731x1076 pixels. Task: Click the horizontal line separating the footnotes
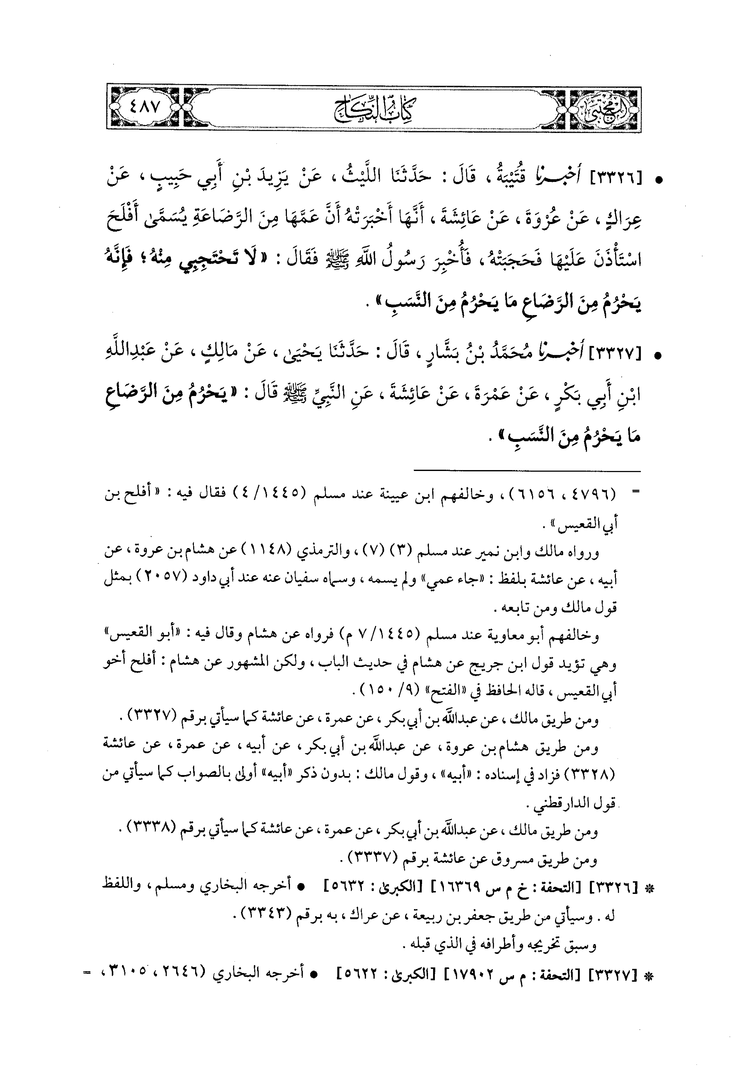click(527, 471)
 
